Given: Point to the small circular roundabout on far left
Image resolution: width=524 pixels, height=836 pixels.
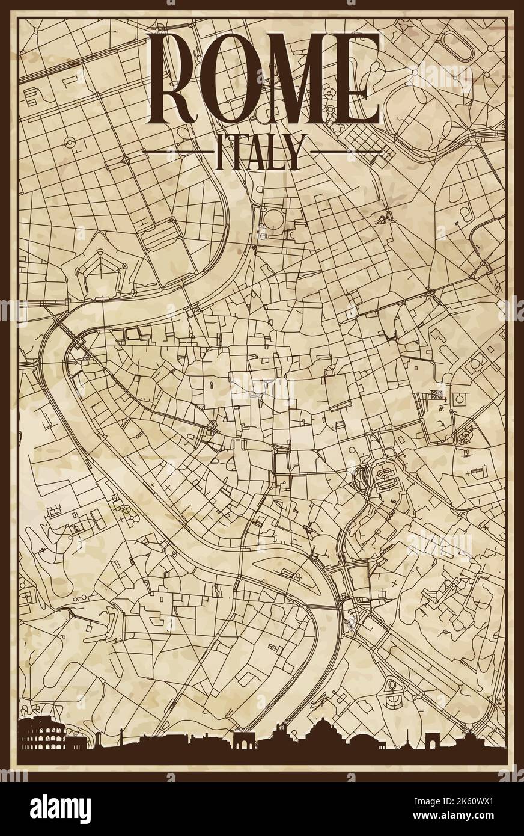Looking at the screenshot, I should click(x=70, y=126).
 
